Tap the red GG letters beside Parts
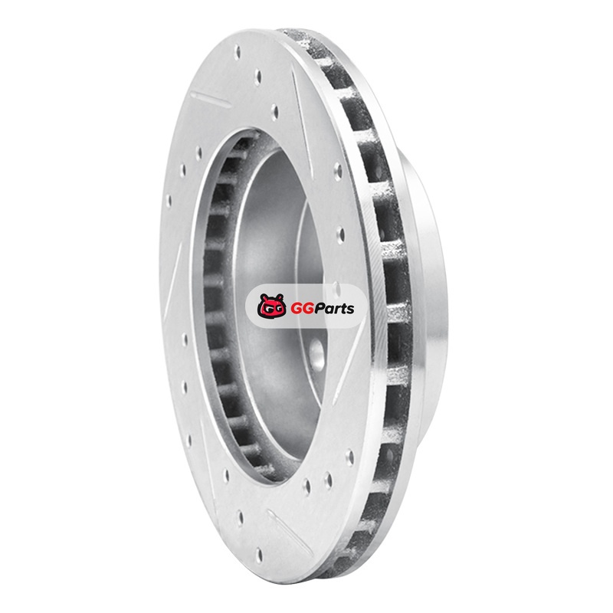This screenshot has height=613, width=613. [300, 309]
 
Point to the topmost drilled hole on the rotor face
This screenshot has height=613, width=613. [237, 53]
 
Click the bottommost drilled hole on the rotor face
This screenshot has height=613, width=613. [259, 555]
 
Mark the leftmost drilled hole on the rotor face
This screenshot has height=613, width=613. [169, 201]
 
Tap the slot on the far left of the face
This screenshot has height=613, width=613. [173, 282]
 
